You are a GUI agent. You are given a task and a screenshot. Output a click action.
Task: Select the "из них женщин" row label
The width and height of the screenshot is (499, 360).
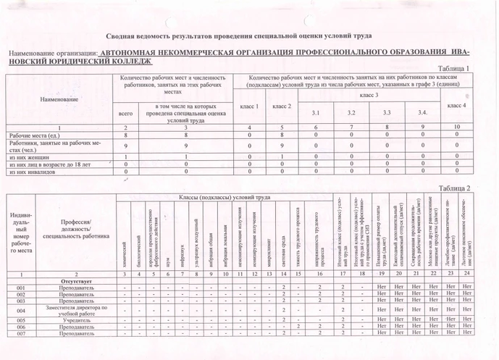(x=28, y=156)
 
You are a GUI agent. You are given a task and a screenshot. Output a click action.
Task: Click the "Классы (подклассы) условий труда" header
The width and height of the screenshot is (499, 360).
(x=225, y=197)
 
